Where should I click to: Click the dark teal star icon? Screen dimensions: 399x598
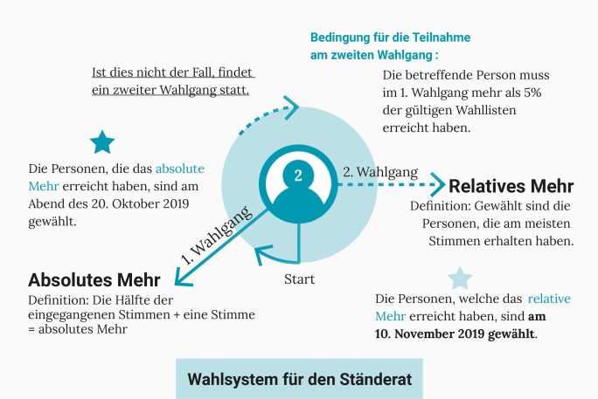pos(102,141)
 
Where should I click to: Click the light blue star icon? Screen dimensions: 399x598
pos(459,278)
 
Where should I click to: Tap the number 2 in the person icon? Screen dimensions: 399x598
pos(298,175)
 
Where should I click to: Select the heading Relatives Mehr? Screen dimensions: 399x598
pos(511,186)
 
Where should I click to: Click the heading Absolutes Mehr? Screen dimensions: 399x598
pos(94,280)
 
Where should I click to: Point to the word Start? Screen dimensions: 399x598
pos(300,279)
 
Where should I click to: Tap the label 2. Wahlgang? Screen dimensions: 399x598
pos(379,172)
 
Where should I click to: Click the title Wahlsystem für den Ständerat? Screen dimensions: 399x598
pos(300,380)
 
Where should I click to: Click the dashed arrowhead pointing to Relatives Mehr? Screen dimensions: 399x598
pos(440,185)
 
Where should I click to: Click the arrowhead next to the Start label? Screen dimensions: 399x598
pos(260,254)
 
